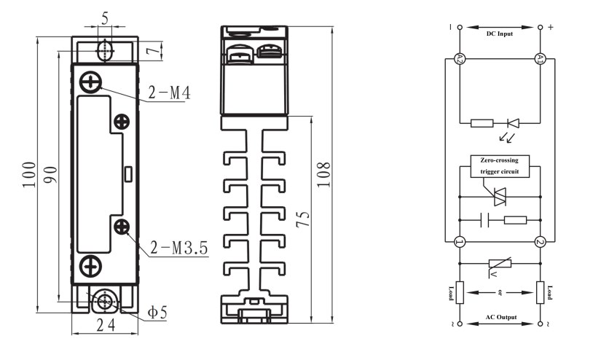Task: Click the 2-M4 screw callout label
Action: (170, 93)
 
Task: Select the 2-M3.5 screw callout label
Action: (179, 248)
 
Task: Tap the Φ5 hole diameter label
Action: (157, 313)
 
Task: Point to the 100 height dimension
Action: (29, 174)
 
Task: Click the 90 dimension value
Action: (50, 174)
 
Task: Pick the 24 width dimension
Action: (106, 326)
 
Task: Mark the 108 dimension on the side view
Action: (324, 174)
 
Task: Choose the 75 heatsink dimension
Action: (303, 219)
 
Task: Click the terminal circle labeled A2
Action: (460, 58)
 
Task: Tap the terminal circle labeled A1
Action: (540, 58)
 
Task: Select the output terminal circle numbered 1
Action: (460, 242)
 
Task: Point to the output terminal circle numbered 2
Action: (540, 242)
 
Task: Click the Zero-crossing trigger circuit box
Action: (500, 166)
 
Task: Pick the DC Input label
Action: (500, 34)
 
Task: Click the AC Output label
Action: (501, 318)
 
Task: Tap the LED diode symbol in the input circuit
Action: (513, 123)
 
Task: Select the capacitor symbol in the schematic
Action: (485, 220)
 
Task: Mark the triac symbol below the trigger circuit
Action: (500, 197)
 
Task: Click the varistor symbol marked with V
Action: (500, 265)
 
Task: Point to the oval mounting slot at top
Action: (104, 50)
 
